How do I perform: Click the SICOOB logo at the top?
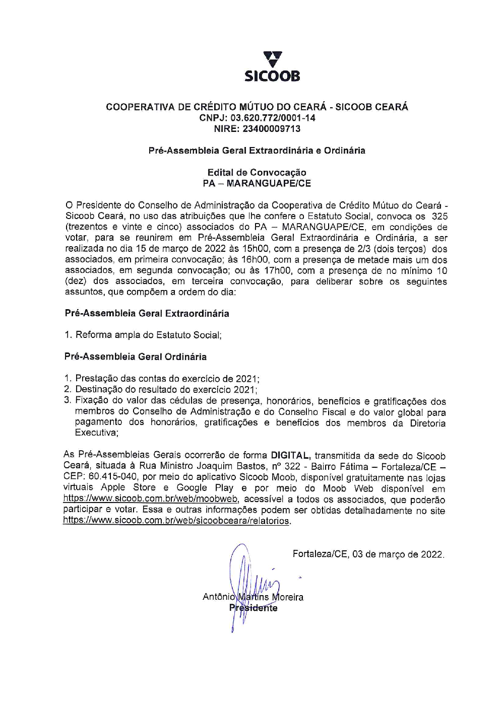(272, 66)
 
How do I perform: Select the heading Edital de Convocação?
(257, 173)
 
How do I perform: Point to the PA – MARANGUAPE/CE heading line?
(257, 183)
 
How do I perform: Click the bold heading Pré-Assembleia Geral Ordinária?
(136, 357)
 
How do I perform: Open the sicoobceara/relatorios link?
(176, 521)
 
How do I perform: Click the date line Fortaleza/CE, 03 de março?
(368, 554)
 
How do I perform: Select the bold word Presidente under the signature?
(253, 608)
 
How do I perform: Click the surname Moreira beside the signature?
(288, 597)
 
